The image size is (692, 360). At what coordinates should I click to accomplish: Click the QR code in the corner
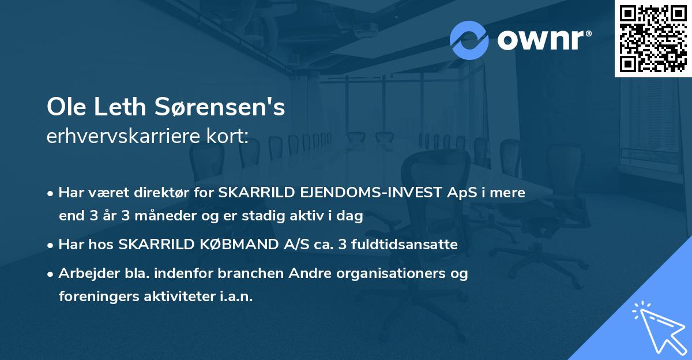point(653,39)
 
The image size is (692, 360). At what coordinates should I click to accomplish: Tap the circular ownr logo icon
point(469,40)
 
